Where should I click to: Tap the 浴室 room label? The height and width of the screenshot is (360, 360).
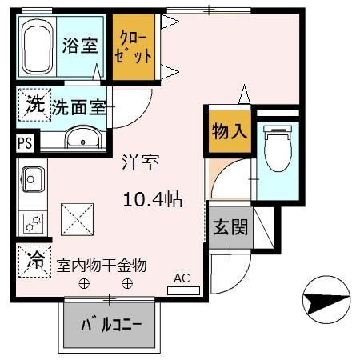[80, 46]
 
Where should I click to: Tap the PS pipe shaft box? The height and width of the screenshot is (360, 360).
[26, 144]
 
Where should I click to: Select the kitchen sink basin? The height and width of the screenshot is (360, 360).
[33, 178]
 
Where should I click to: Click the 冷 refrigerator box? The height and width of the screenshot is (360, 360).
[34, 260]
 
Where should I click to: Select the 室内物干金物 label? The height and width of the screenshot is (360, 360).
[101, 264]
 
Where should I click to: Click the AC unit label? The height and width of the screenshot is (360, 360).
[182, 278]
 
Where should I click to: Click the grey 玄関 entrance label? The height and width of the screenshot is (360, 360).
[230, 226]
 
